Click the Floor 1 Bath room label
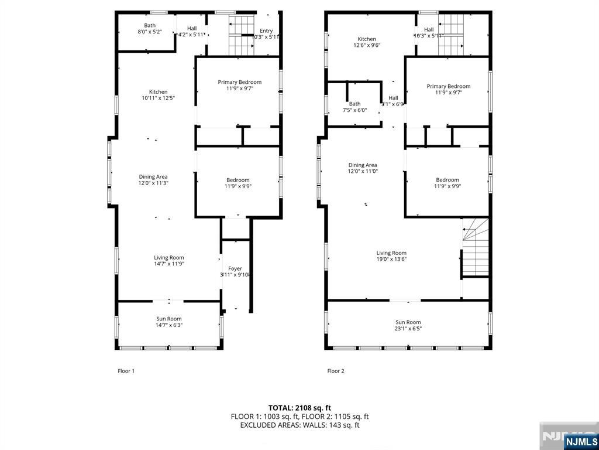point(150,25)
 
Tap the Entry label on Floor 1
point(266,31)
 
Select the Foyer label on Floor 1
point(235,268)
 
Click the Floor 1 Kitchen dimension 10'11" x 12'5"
point(158,98)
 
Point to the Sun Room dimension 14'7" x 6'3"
point(169,325)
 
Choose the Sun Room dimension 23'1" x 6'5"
point(408,329)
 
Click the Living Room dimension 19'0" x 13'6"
point(391,260)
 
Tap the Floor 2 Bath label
point(354,104)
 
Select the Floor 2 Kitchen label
point(367,39)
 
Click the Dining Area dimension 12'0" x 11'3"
point(153,183)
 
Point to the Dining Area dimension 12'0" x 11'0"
point(363,172)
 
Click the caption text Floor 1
point(126,371)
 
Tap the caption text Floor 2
point(336,371)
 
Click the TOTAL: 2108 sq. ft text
point(299,408)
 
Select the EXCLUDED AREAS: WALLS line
point(299,425)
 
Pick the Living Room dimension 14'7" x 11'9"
point(169,264)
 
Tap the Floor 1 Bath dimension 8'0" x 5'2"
point(150,32)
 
